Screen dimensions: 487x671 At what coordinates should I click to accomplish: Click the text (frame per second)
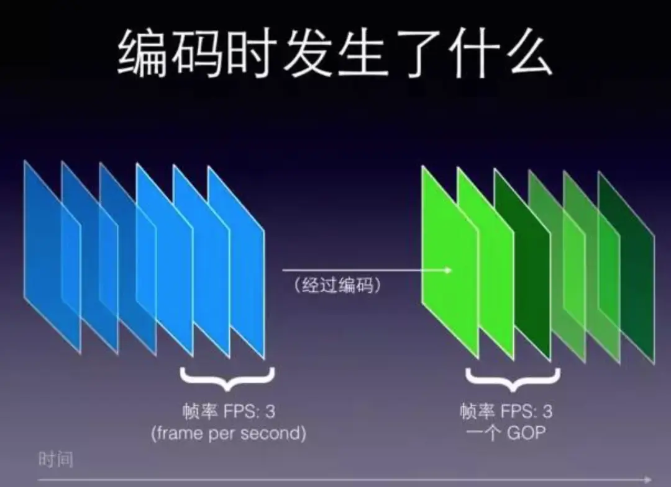coord(228,433)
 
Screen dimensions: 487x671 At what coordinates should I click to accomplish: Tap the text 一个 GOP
coord(506,432)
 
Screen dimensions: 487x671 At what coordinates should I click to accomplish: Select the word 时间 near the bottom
coord(56,460)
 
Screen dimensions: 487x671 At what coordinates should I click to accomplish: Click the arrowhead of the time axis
coord(648,479)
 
